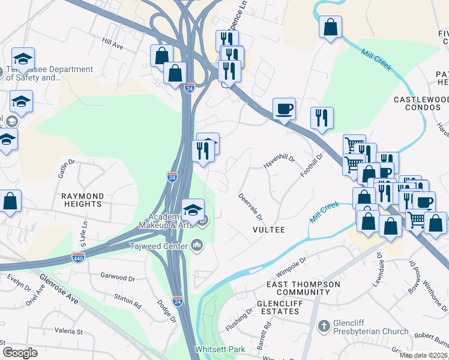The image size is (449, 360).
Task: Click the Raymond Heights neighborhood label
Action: coord(82,200)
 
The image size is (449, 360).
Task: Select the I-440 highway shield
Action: coord(79,256)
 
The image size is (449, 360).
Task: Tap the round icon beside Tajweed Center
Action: coord(197,244)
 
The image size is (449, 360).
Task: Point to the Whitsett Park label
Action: coord(214,349)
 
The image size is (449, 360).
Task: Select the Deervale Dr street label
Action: coord(250,203)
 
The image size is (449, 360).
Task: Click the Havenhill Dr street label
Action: coord(279,160)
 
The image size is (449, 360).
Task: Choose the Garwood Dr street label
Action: coord(118,278)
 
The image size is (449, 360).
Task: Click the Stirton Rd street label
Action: coord(127,301)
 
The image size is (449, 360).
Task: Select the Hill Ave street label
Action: coord(112,44)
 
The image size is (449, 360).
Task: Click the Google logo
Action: coord(20,352)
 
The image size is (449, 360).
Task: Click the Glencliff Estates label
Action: coord(285,304)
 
